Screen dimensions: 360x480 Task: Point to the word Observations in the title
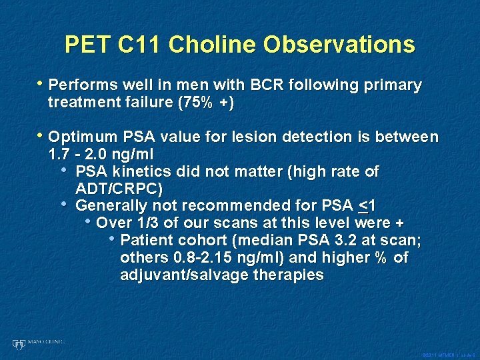[339, 45]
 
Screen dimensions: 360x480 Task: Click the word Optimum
[84, 137]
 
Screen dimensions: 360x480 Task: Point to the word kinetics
[135, 172]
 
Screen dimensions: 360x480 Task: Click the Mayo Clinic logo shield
[18, 344]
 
